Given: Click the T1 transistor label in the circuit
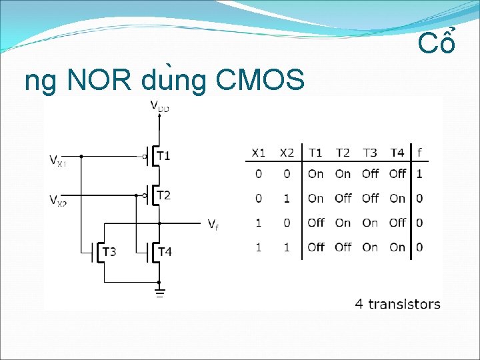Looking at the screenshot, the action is pos(163,156).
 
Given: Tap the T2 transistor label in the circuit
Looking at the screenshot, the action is pos(163,195).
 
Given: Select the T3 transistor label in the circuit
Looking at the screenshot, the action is pos(109,251).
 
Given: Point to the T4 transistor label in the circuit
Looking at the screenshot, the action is pos(164,251).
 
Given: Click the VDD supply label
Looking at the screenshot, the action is pos(159,105).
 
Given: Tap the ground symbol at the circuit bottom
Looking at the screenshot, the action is pos(159,292).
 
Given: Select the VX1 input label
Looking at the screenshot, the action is pos(58,160).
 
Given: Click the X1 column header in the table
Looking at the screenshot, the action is pos(258,153).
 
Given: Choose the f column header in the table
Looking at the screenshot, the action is pos(419,153).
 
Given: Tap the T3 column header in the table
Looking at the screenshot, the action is pos(370,153).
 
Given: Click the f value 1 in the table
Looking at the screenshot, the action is pos(419,174).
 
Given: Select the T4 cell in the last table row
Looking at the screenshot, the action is pos(397,247).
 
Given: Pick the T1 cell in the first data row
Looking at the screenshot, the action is pos(315,174).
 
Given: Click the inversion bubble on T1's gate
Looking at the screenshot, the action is pos(143,157).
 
